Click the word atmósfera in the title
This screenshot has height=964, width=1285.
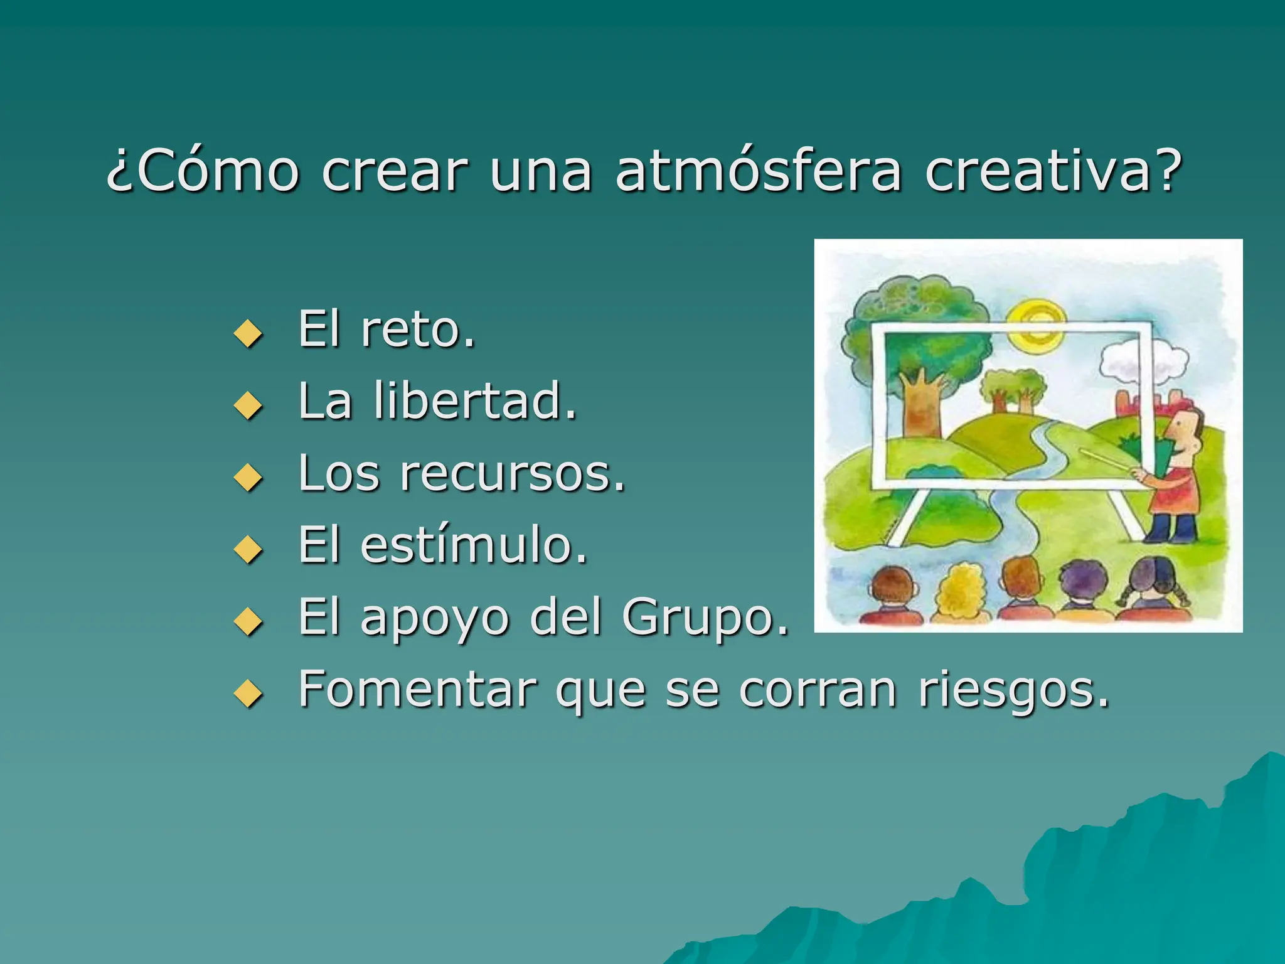click(x=758, y=171)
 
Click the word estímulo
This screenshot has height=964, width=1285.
click(x=473, y=545)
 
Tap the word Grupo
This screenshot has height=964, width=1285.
click(x=705, y=618)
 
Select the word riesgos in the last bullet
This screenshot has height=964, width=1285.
click(x=1013, y=690)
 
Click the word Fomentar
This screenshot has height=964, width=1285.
click(x=417, y=690)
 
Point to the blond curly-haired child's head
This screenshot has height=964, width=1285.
click(x=960, y=587)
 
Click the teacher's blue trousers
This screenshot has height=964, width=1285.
click(x=1171, y=527)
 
